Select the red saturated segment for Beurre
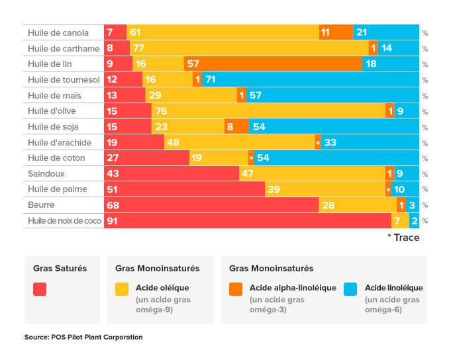(211, 205)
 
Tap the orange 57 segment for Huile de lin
(273, 64)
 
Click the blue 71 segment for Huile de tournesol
(311, 79)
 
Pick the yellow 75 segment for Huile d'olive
(269, 111)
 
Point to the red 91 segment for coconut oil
(248, 221)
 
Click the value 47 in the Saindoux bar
(247, 174)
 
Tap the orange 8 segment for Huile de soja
(236, 126)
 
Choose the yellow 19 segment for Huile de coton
(219, 158)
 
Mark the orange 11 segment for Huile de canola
(336, 32)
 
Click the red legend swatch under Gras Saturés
(40, 289)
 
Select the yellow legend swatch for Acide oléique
(122, 289)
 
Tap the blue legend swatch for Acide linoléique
(351, 289)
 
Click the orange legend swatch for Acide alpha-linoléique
(236, 289)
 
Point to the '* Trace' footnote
(403, 238)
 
